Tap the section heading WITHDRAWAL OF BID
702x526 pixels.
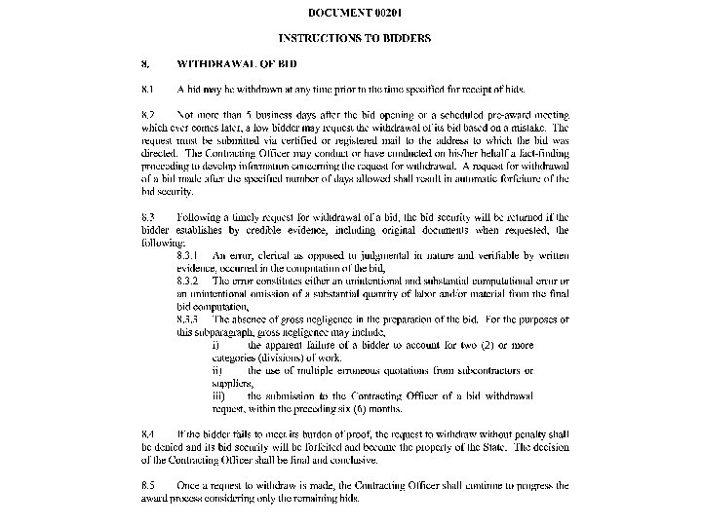[x=237, y=63]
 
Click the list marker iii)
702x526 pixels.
[x=219, y=395]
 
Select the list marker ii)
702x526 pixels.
[x=218, y=370]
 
